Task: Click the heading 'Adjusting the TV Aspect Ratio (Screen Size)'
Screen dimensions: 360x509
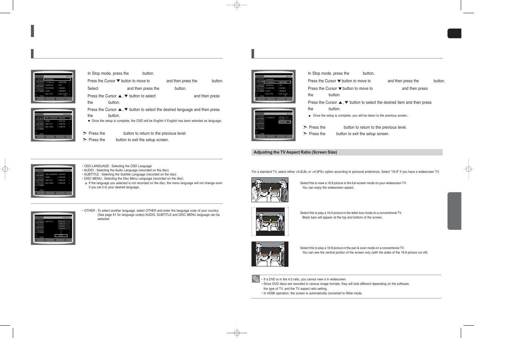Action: tap(295, 152)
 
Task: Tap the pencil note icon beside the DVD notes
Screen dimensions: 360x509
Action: tap(256, 279)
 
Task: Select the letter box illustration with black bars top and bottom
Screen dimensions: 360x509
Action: tap(270, 222)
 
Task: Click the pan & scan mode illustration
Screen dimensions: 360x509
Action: tap(270, 254)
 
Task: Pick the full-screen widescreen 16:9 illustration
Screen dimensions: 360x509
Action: tap(270, 190)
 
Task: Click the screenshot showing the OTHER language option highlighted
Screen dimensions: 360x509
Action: tap(53, 228)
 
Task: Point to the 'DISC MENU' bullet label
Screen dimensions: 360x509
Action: tap(93, 178)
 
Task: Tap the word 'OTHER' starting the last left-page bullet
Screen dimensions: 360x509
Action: tap(89, 211)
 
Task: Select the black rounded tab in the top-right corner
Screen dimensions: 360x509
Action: tap(454, 34)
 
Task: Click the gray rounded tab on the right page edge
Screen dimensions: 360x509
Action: tap(454, 211)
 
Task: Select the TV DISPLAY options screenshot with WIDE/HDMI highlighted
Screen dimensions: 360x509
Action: tap(273, 125)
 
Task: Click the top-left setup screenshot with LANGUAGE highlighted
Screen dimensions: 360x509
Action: tap(53, 86)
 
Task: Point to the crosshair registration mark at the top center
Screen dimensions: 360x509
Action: tap(237, 5)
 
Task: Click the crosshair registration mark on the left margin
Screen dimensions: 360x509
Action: tap(5, 169)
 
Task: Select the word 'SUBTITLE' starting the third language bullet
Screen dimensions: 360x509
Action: tap(91, 174)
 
